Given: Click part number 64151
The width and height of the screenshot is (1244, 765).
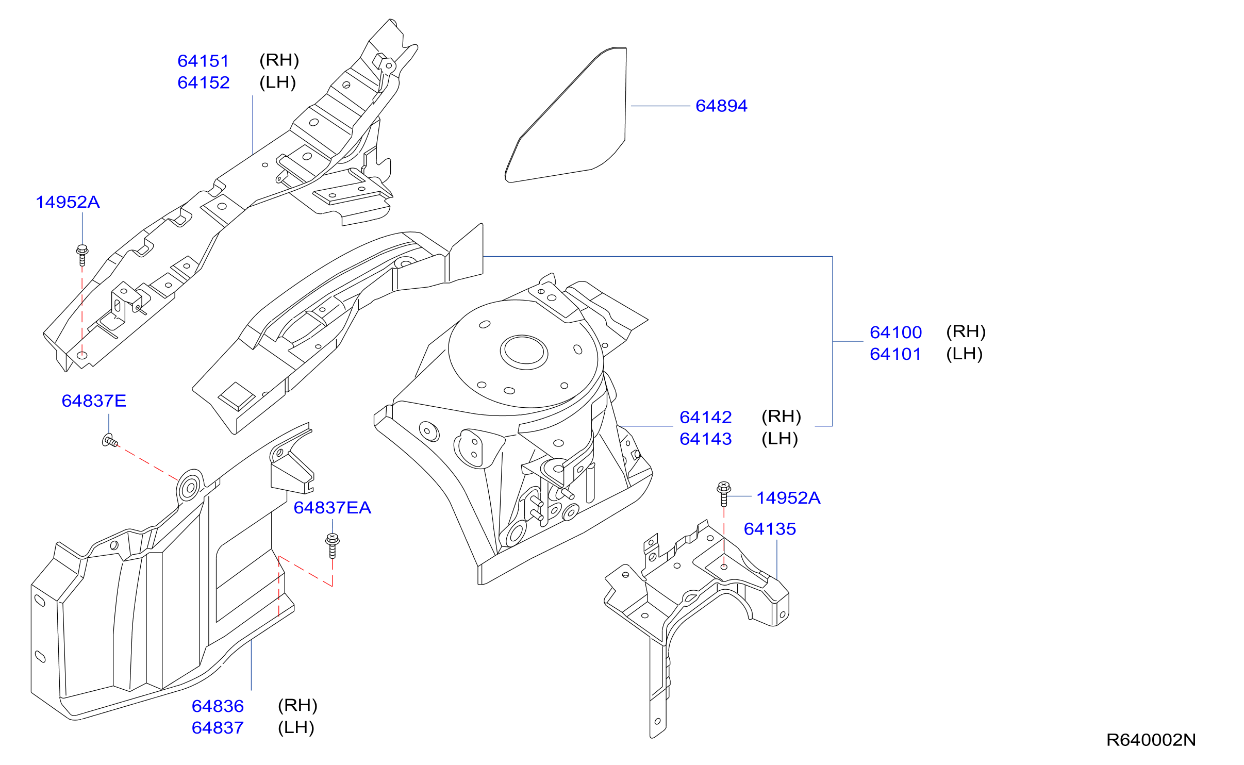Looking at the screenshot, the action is (203, 61).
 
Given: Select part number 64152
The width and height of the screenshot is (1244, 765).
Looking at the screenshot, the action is (203, 82).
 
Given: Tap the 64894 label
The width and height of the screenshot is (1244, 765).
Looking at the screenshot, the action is (721, 106).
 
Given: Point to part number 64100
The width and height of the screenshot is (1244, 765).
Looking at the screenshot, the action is (895, 332).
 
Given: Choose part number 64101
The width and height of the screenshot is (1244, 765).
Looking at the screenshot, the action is (895, 354).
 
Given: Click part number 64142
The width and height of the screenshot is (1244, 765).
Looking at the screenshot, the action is (705, 417).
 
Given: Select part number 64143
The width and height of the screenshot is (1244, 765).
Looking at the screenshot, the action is (705, 439).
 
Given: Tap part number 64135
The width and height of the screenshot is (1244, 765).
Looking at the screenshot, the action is (770, 529).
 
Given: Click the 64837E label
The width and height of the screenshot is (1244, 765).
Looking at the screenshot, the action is (94, 401).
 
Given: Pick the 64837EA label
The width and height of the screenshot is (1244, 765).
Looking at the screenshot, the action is (332, 508).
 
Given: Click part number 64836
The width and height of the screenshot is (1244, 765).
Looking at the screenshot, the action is (218, 706).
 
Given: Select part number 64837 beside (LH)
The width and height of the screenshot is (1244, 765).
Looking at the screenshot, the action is (218, 728).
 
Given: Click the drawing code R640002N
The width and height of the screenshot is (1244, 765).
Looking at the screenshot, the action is (1151, 740).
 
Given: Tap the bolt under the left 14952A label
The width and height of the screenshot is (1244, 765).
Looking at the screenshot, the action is (82, 255).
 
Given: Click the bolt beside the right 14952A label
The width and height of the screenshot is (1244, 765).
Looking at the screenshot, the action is (724, 494).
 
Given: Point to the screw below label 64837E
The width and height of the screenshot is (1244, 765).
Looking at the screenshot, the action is (110, 441).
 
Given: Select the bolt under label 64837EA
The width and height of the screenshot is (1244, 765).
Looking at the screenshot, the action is (333, 546).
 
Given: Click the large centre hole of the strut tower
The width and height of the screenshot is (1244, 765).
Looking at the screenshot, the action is (524, 352).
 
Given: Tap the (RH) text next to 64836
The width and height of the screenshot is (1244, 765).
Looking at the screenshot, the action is (297, 706).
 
